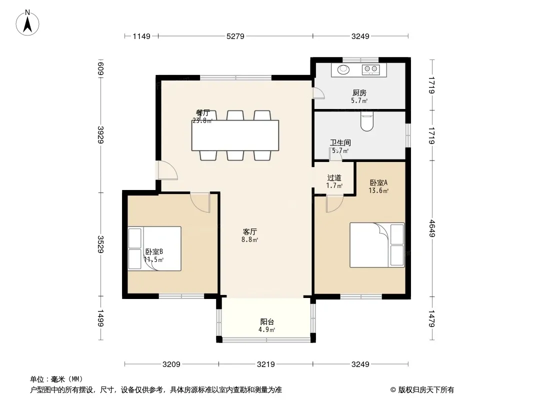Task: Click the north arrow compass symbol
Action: pos(27,23)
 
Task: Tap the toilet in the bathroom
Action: pos(367,121)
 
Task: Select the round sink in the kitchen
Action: pos(343,69)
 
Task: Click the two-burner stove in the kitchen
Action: pos(371,69)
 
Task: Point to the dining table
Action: pos(235,135)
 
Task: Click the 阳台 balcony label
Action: pos(267,321)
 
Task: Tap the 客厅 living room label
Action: pos(249,232)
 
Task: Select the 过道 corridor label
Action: pos(334,177)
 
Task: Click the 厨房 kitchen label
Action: pos(359,93)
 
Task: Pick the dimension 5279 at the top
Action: pos(235,36)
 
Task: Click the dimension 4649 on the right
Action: pos(431,228)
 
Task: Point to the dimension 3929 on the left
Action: pos(100,134)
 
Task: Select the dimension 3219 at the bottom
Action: pos(266,364)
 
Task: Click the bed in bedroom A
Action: pos(377,244)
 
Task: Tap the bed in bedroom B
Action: pos(154,249)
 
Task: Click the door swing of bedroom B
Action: pos(200,202)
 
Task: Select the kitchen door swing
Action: pos(319,93)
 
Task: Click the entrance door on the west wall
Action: pos(167,170)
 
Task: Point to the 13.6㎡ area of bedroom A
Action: pos(378,190)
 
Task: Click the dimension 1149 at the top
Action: pos(141,36)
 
